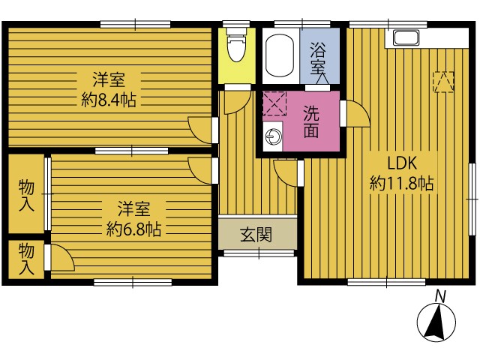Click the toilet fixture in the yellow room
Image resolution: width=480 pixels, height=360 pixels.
236,45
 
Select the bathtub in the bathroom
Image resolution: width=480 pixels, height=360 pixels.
280,55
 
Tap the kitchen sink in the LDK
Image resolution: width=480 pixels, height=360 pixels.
406,38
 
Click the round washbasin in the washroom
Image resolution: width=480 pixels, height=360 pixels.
272,136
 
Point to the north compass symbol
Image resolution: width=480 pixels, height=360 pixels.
436,322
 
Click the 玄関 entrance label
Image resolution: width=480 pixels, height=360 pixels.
256,235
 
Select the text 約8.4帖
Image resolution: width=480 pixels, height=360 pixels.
109,100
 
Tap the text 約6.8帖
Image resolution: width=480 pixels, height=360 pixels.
133,229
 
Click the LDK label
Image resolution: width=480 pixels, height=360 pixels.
402,163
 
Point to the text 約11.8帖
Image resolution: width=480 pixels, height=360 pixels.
402,184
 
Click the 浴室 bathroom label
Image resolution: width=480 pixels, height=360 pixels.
318,58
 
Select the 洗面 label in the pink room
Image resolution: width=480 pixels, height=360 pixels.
311,121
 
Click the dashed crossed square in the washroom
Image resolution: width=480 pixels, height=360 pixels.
274,103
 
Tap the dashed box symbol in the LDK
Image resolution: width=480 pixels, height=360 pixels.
443,82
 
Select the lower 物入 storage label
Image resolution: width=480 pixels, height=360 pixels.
27,259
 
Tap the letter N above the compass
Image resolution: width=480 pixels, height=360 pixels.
440,296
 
